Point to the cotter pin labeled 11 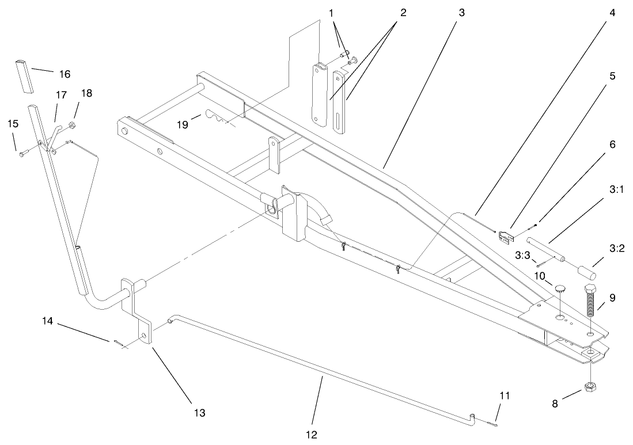click(x=490, y=425)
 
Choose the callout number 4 click(x=612, y=12)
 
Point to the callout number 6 click(x=612, y=144)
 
